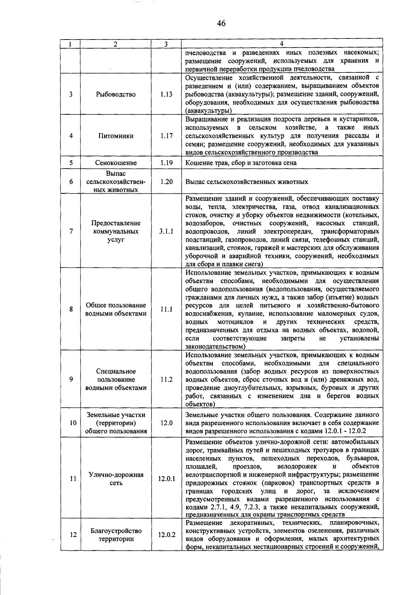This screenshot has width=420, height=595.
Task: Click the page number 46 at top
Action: click(221, 23)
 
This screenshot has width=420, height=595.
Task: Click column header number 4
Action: click(282, 43)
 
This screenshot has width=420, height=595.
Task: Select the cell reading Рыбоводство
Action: click(116, 94)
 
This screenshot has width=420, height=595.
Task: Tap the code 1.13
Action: click(166, 94)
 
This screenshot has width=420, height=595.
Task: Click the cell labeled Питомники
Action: click(116, 136)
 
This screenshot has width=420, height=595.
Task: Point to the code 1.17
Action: click(166, 136)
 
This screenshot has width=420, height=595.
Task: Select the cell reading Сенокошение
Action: click(116, 163)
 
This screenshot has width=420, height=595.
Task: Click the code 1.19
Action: click(166, 163)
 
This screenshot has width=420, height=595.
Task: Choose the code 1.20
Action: click(166, 182)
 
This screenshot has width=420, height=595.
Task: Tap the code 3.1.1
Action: click(166, 232)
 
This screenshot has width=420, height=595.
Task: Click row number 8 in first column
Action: click(71, 309)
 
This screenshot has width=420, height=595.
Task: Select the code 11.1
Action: click(166, 309)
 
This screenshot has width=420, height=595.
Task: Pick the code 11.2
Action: click(166, 380)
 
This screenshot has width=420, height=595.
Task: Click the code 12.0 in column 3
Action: click(166, 423)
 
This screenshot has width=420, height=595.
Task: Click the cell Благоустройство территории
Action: click(116, 535)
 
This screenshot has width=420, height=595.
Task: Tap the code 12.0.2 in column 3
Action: click(166, 535)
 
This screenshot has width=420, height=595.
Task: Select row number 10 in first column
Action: click(72, 423)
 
